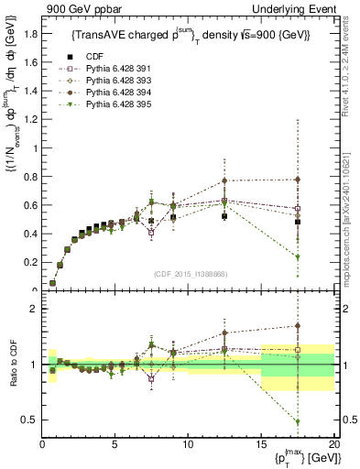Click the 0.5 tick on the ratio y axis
(31, 420)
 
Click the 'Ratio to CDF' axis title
(13, 365)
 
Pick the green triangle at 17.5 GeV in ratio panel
(298, 421)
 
